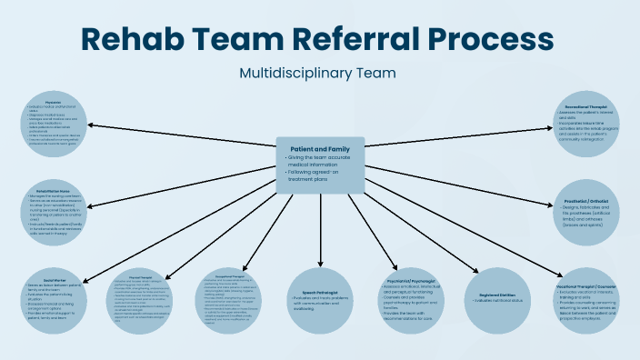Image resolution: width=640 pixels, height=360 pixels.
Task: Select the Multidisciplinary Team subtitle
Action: (x=319, y=72)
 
